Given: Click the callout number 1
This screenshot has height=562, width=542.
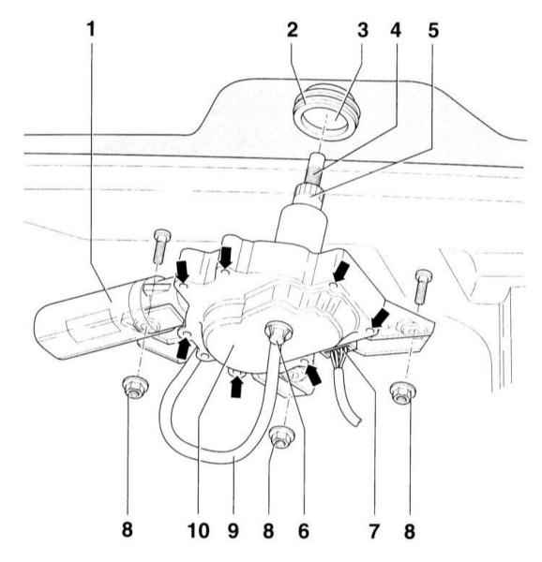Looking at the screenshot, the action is click(x=92, y=29).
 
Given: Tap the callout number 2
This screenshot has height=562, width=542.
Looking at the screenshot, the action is click(x=293, y=29).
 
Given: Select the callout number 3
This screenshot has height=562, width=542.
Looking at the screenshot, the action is click(x=363, y=30).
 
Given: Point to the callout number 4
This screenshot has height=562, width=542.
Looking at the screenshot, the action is click(x=396, y=30).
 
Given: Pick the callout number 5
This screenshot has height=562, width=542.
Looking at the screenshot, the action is click(x=433, y=30).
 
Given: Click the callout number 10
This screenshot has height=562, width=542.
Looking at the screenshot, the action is click(x=199, y=530).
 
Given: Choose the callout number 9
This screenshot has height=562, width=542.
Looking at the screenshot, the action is click(x=233, y=530).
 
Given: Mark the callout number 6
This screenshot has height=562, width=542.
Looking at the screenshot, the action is click(x=304, y=530).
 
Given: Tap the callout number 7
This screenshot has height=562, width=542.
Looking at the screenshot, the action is click(x=374, y=530).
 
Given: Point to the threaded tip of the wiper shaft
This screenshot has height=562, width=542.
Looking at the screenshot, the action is click(x=316, y=168).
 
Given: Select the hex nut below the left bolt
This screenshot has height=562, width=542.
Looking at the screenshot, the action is click(x=135, y=386).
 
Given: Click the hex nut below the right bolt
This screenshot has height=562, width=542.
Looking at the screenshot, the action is click(x=403, y=392).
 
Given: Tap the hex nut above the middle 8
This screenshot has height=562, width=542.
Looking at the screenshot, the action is click(x=282, y=436).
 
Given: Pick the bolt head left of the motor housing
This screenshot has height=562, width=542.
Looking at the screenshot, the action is click(x=162, y=235).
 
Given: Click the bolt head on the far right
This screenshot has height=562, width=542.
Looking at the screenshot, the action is click(x=423, y=276).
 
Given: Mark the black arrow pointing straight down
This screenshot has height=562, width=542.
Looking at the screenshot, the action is click(x=226, y=257).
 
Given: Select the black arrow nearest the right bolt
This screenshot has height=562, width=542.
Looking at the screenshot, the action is click(x=380, y=318).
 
